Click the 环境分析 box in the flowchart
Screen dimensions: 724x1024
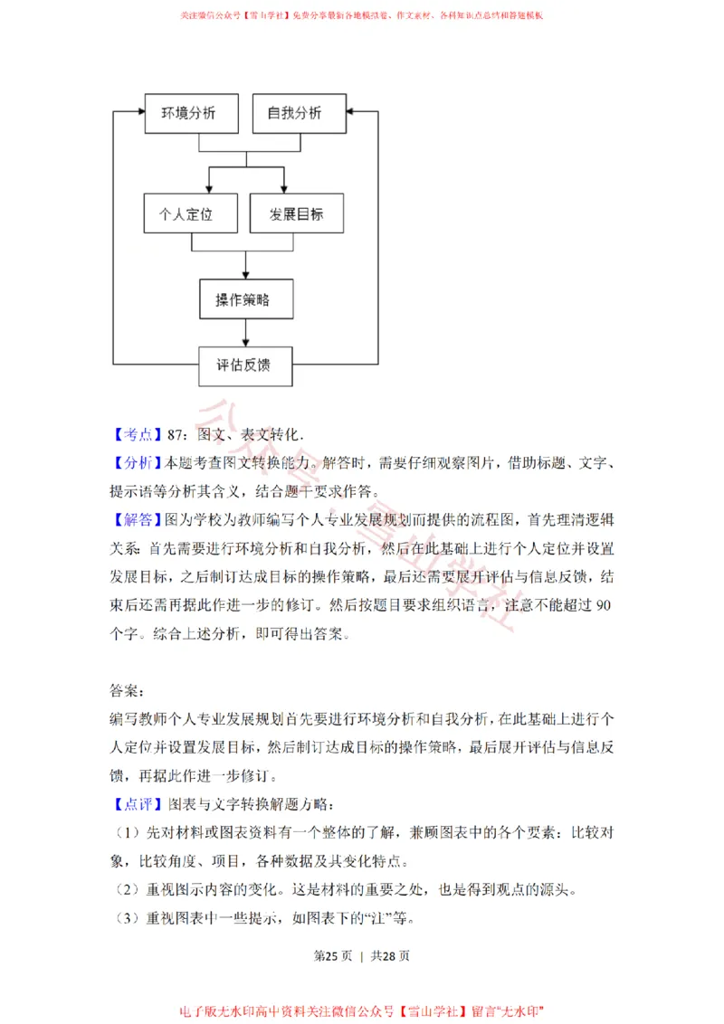tap(191, 113)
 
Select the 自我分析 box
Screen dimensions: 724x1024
tap(298, 113)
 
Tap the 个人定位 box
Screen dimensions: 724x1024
tap(191, 214)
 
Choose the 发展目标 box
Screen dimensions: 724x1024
tap(298, 214)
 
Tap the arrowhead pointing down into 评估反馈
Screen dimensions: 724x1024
tap(246, 342)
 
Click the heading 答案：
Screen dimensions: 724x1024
tap(126, 693)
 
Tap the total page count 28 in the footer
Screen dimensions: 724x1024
tap(390, 956)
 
